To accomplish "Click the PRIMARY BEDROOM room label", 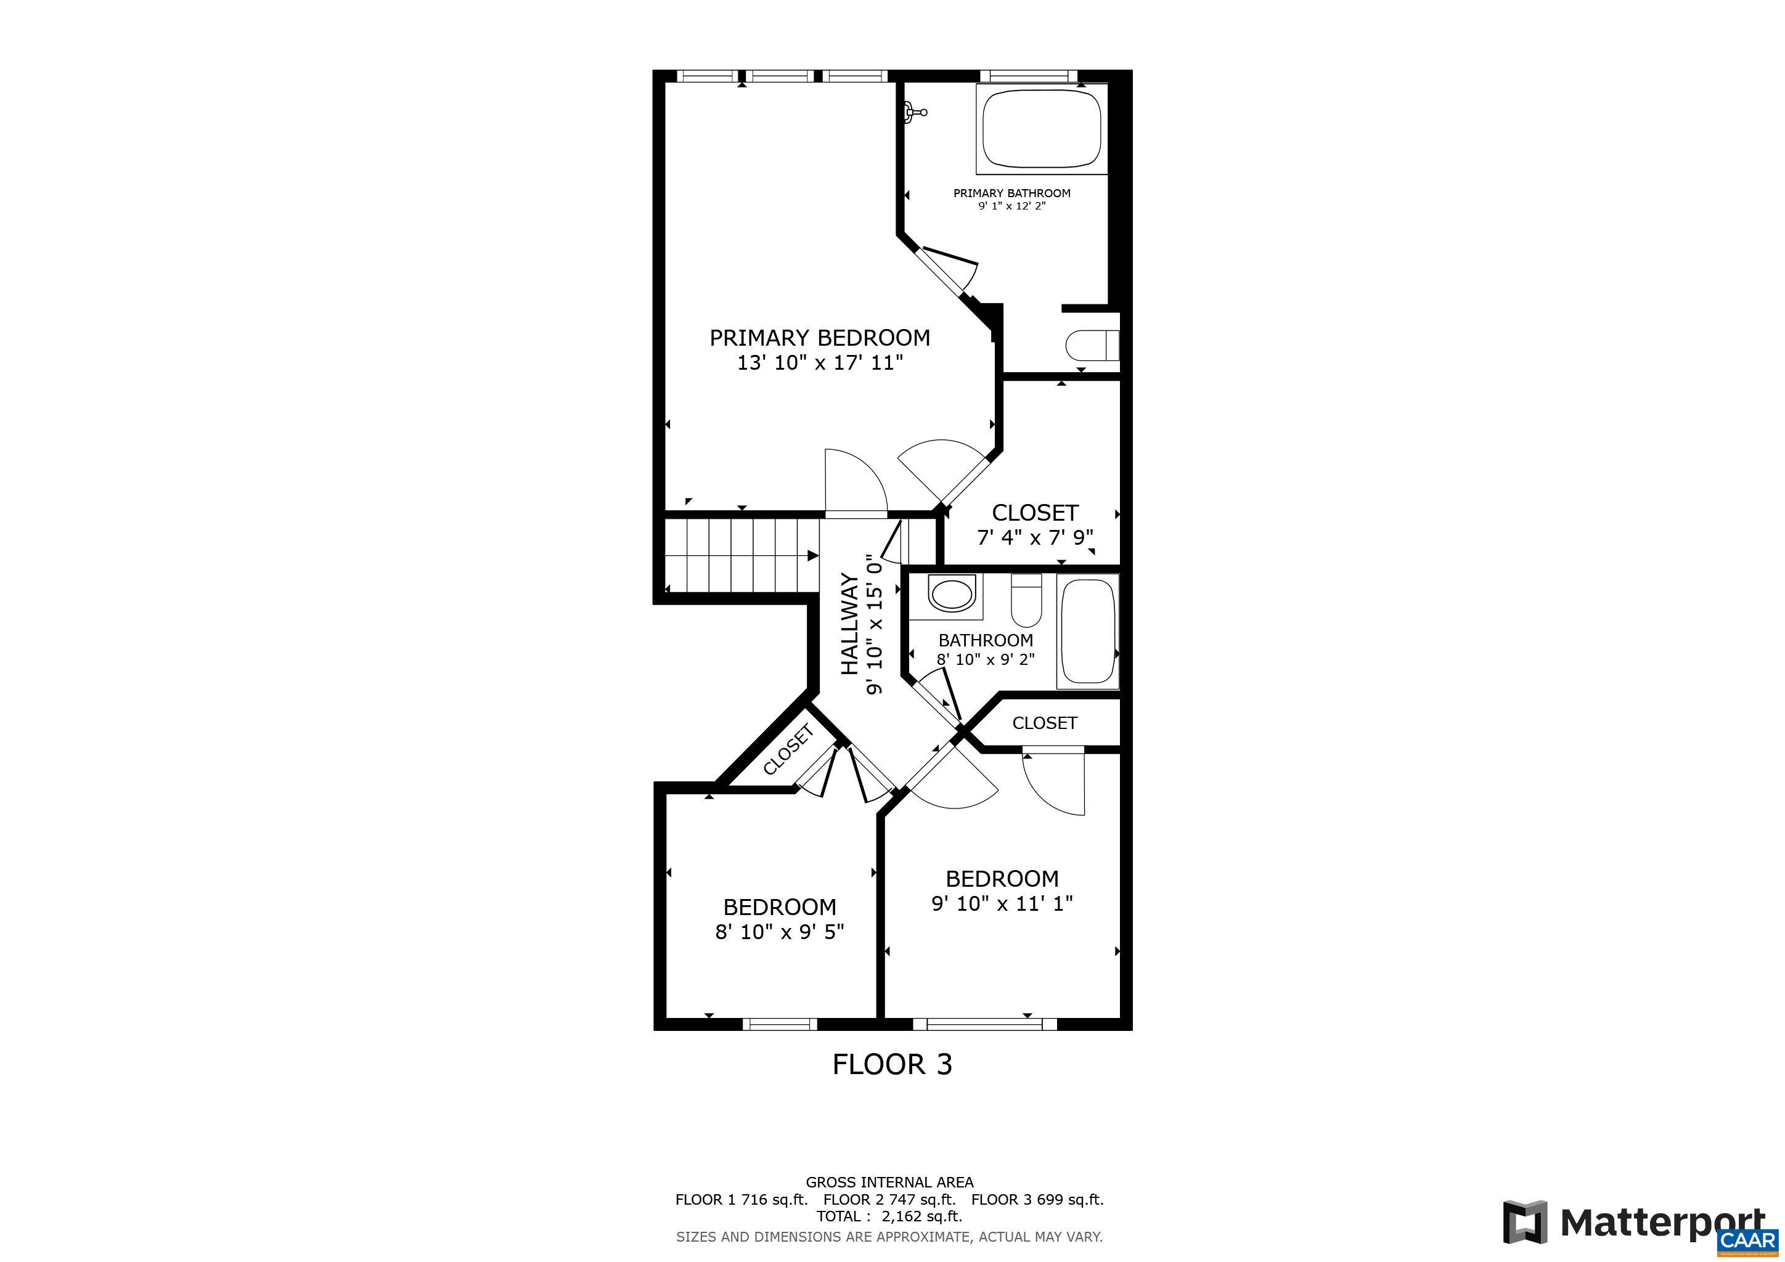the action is [x=819, y=338].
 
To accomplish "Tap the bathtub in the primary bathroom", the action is [x=1042, y=128].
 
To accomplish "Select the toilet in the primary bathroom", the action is [x=1092, y=346].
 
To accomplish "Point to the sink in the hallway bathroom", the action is [x=952, y=595].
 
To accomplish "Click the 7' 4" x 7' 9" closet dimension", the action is [x=1035, y=537].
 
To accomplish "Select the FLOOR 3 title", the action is [x=892, y=1064].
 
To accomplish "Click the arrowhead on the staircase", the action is [x=813, y=556].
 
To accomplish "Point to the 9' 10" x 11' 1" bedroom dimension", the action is [x=1002, y=903].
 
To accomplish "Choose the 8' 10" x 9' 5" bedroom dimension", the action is [x=780, y=932].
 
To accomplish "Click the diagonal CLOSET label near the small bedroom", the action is [x=788, y=750].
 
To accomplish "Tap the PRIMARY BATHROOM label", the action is [x=1011, y=193].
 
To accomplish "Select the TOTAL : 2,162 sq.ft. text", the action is [x=889, y=1216].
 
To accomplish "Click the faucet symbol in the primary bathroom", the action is [x=916, y=113].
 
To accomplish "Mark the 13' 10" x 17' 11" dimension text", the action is [x=820, y=363].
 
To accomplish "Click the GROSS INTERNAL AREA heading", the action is [x=889, y=1182].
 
